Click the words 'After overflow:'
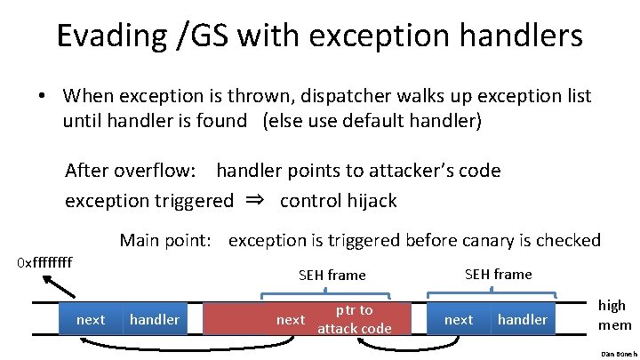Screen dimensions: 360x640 133,170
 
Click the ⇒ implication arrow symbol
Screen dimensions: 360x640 256,200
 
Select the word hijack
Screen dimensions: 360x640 368,200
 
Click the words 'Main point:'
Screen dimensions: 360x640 169,240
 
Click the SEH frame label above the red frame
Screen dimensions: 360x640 332,276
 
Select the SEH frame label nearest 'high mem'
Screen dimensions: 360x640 499,274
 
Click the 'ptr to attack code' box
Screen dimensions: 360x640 353,319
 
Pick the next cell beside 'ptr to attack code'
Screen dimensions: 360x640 291,319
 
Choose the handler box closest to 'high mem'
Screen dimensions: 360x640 523,319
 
